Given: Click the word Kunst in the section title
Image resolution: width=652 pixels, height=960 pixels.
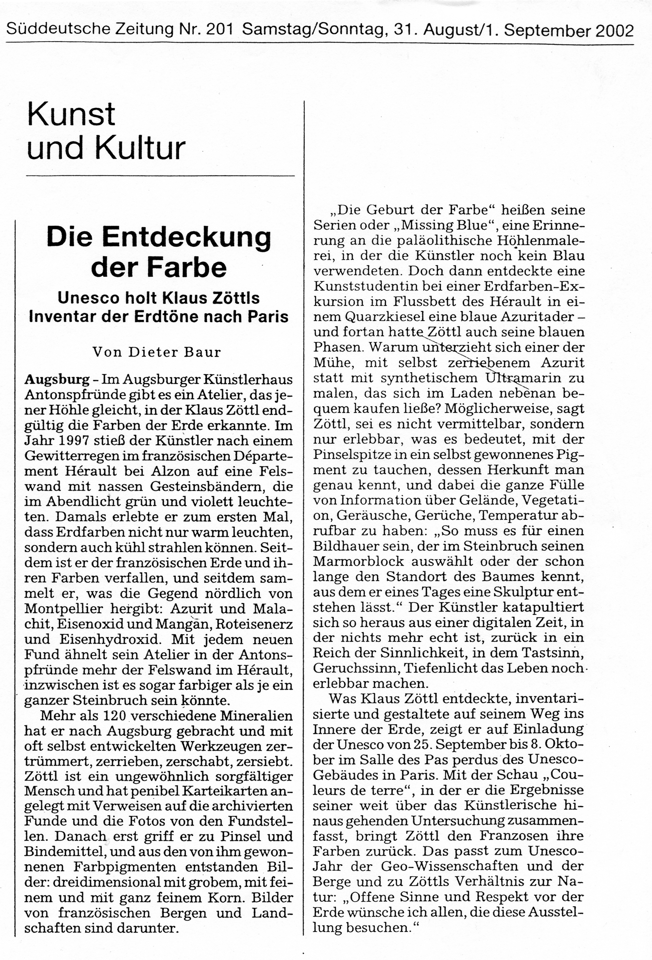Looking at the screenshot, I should pos(71,115).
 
